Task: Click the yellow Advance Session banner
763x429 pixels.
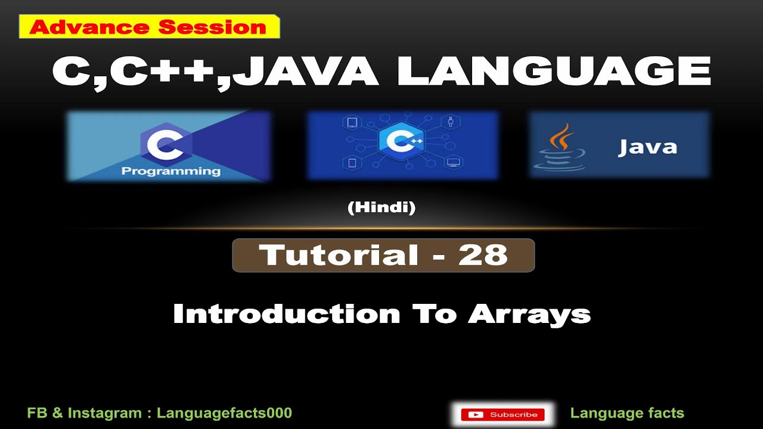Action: (149, 27)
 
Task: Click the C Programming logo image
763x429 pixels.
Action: (169, 146)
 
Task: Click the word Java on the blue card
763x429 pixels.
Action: (647, 147)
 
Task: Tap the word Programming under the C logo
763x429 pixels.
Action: (170, 172)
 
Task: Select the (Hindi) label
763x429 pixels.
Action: (381, 208)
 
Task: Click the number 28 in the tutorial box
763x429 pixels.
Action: (482, 256)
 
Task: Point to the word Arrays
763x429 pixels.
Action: (529, 314)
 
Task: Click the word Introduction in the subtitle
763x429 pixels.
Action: (286, 314)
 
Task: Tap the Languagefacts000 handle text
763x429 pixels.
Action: (224, 413)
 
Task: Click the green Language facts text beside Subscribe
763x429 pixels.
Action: (627, 413)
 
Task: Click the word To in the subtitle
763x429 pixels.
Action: (433, 314)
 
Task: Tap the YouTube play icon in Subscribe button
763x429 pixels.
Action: (476, 415)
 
